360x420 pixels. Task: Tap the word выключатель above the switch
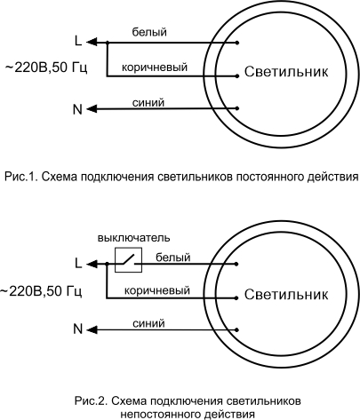point(134,238)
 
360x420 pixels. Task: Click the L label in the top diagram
point(78,41)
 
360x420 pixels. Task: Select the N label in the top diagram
point(77,109)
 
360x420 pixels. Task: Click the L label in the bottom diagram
point(78,263)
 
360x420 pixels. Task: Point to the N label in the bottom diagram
point(77,329)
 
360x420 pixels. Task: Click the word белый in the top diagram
point(149,32)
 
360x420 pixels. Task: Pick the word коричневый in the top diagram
point(155,67)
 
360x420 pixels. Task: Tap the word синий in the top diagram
point(148,103)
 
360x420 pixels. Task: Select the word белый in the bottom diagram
point(173,258)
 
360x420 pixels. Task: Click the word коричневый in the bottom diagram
point(156,290)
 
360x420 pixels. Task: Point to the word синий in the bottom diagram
point(148,323)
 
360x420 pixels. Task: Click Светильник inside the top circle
point(286,72)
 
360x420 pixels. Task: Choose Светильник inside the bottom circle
point(286,295)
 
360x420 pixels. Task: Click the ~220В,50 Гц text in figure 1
point(46,67)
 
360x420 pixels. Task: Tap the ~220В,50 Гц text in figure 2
point(41,291)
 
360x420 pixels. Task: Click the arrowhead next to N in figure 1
point(92,108)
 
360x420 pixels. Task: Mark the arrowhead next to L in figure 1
point(92,42)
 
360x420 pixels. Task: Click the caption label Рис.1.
point(20,177)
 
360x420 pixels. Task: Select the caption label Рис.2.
point(91,401)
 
